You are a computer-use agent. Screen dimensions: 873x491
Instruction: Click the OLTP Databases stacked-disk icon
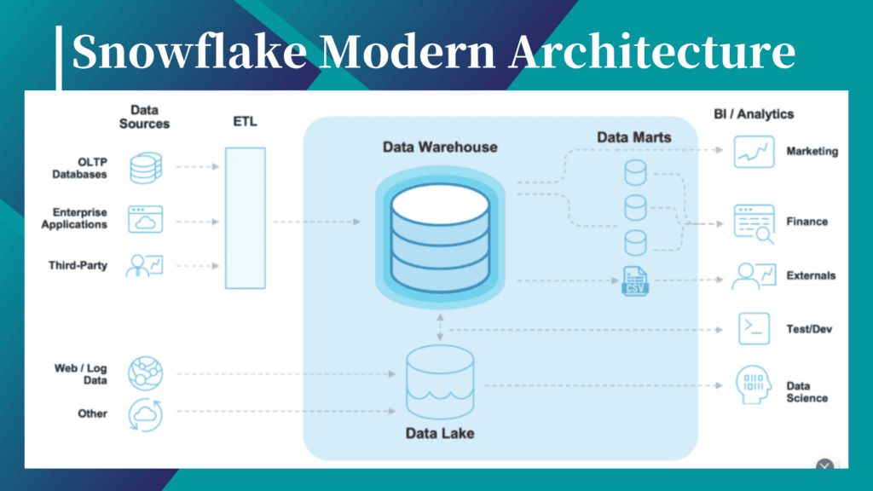(146, 168)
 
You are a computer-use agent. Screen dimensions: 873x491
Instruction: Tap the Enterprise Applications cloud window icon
(145, 219)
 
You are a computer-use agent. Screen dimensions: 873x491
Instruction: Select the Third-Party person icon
(145, 266)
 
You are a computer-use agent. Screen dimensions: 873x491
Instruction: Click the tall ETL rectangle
(246, 218)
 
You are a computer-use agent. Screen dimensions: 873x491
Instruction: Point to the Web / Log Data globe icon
(145, 373)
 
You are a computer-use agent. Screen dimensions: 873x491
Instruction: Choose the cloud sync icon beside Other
(145, 415)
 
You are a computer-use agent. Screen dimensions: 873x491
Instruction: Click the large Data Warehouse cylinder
(440, 238)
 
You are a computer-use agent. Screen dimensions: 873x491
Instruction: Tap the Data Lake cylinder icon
(440, 382)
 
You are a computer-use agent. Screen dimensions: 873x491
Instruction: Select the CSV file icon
(635, 280)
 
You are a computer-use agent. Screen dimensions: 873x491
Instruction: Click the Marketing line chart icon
(754, 152)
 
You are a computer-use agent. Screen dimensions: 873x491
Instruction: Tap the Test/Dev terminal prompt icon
(754, 328)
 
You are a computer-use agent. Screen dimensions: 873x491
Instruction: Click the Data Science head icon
(754, 384)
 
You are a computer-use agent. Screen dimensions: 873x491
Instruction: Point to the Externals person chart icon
(754, 276)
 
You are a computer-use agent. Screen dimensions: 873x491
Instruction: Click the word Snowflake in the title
(190, 51)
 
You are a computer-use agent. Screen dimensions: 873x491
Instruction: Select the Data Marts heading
(634, 137)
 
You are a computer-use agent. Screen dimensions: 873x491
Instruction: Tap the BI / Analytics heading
(754, 114)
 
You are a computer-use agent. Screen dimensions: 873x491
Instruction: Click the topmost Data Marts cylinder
(635, 172)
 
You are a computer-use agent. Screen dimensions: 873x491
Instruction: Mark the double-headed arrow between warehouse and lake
(441, 326)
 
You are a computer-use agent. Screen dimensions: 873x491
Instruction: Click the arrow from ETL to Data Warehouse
(316, 222)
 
